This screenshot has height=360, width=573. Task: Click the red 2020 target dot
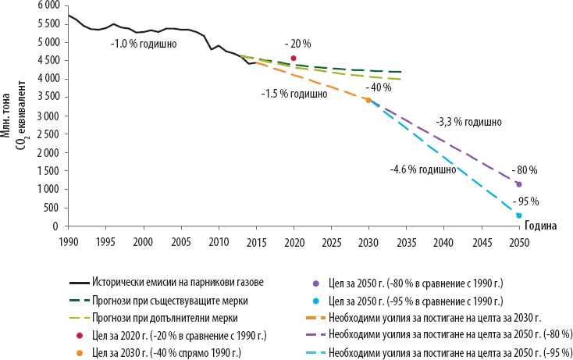294,58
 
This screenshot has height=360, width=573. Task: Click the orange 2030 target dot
368,100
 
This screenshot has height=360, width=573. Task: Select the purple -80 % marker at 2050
519,184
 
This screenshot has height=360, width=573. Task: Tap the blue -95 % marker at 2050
519,216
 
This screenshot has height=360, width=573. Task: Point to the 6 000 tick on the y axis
48,5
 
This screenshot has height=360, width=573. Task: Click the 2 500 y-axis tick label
48,134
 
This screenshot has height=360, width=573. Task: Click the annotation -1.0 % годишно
143,44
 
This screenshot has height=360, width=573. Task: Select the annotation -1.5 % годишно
294,94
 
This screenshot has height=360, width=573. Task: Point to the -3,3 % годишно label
468,123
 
